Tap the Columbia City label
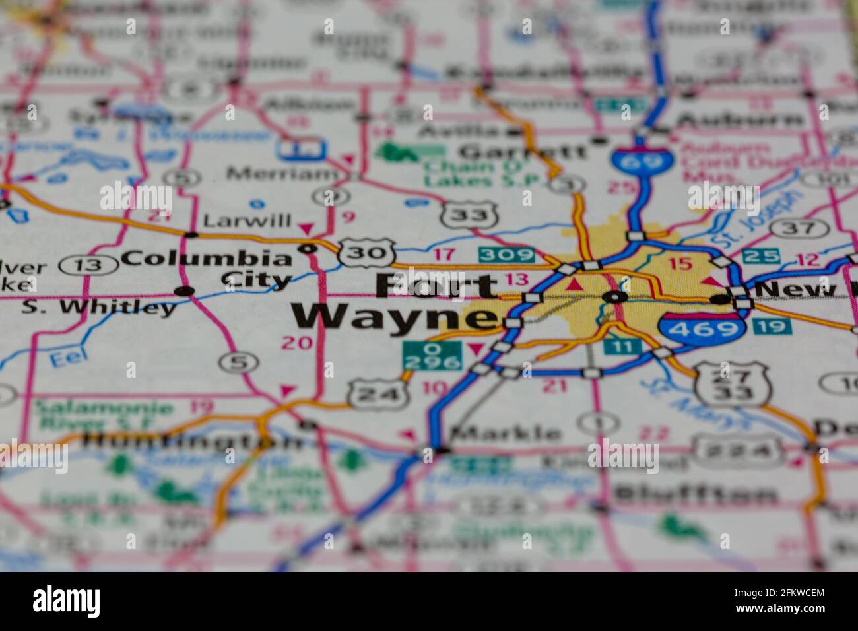207,268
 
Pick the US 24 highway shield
376,395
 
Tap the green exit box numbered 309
506,255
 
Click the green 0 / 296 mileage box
432,356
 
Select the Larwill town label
247,220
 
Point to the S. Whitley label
99,307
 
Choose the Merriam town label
282,174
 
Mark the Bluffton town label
695,494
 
